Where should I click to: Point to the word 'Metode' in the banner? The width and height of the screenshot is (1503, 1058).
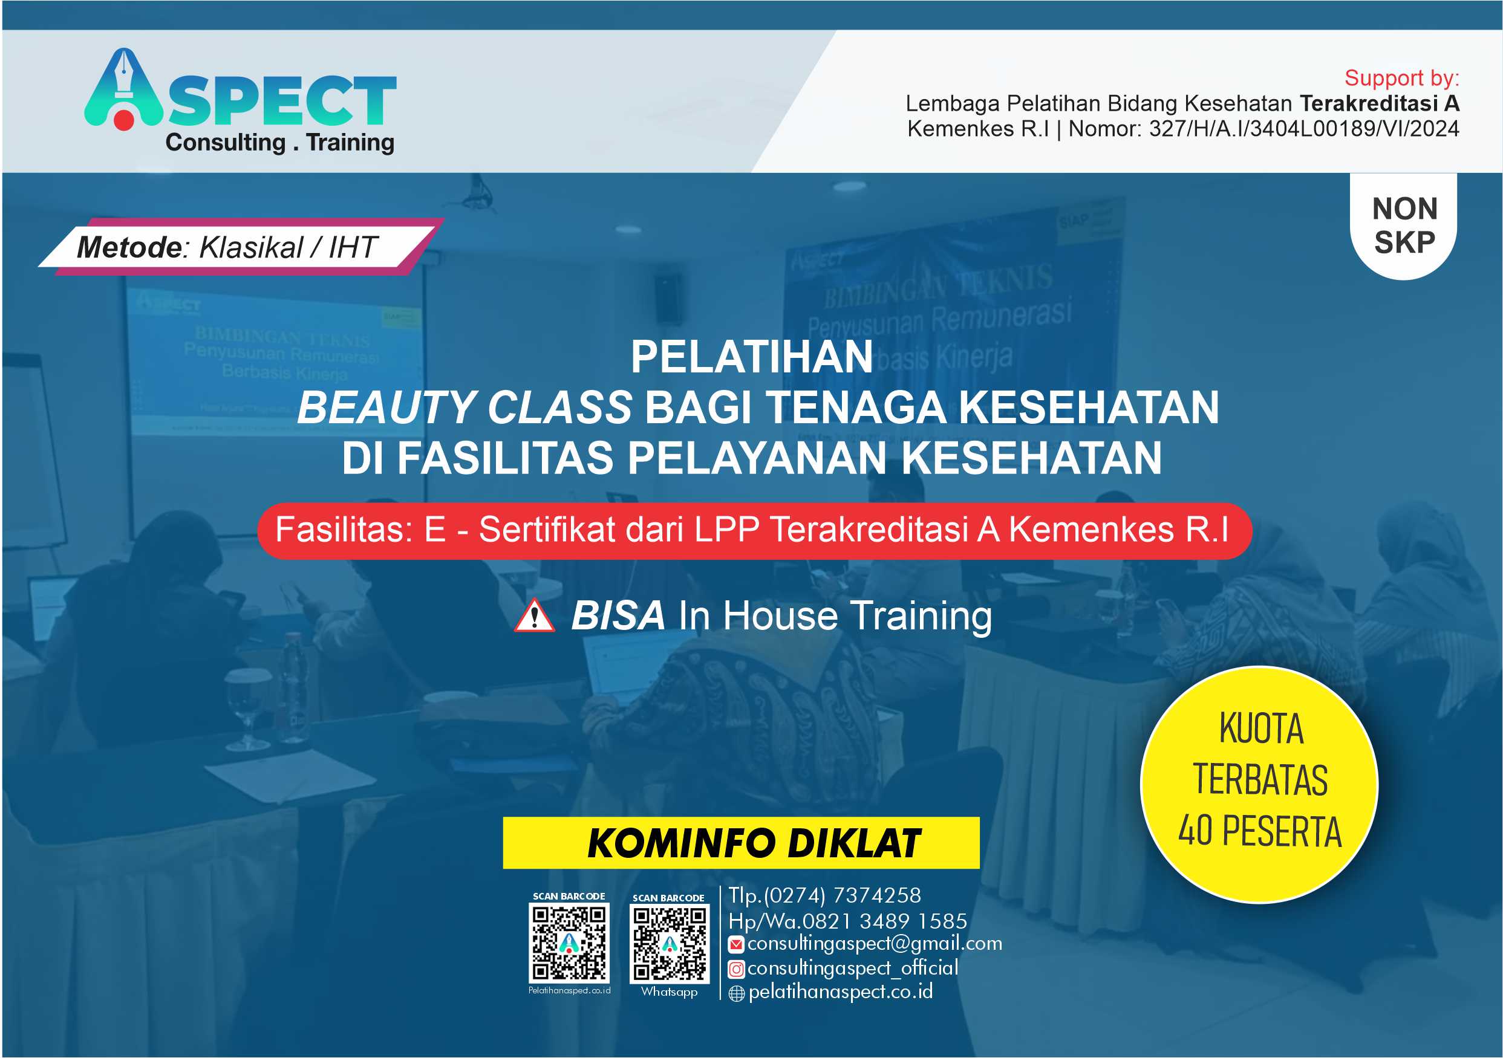[129, 247]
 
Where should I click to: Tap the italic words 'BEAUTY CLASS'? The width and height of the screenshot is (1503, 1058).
[465, 407]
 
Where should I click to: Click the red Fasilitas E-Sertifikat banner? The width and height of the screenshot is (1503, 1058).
[754, 530]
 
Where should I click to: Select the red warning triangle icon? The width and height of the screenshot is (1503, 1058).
[534, 616]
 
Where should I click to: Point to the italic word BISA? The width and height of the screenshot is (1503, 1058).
[618, 615]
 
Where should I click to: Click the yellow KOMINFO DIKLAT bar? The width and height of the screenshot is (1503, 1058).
[740, 843]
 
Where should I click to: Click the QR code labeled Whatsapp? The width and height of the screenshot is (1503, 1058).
[669, 944]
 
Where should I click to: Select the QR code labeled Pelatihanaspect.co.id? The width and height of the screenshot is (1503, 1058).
[569, 942]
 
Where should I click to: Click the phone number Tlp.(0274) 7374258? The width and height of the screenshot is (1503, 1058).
[825, 895]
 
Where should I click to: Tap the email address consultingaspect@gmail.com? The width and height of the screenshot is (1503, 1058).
[875, 943]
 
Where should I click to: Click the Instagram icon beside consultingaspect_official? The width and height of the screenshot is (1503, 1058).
[737, 969]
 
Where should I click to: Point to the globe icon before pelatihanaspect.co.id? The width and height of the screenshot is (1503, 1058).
[737, 994]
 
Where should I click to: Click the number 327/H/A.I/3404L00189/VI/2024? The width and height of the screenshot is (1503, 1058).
[1303, 129]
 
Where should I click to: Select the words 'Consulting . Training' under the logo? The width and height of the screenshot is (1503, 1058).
[279, 143]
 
